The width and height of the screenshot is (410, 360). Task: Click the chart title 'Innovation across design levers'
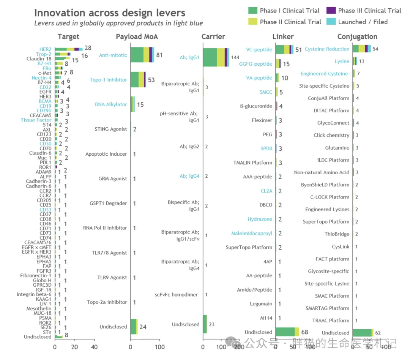click(110, 13)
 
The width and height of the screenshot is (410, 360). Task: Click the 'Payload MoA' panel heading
click(137, 37)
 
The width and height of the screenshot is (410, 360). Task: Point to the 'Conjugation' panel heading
click(357, 37)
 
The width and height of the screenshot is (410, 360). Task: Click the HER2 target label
click(45, 49)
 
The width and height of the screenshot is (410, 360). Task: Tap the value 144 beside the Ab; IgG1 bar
click(235, 57)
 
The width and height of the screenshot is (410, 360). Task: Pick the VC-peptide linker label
click(259, 49)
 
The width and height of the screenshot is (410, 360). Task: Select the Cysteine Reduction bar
click(361, 49)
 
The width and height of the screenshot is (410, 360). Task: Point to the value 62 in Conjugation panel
click(378, 333)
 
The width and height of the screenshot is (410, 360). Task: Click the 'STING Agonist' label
click(111, 129)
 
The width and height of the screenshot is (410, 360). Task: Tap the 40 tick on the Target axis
click(94, 347)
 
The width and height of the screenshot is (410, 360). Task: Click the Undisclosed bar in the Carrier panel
click(205, 324)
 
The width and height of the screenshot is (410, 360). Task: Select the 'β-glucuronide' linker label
click(256, 106)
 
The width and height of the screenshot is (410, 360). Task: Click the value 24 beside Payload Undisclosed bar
click(143, 327)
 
